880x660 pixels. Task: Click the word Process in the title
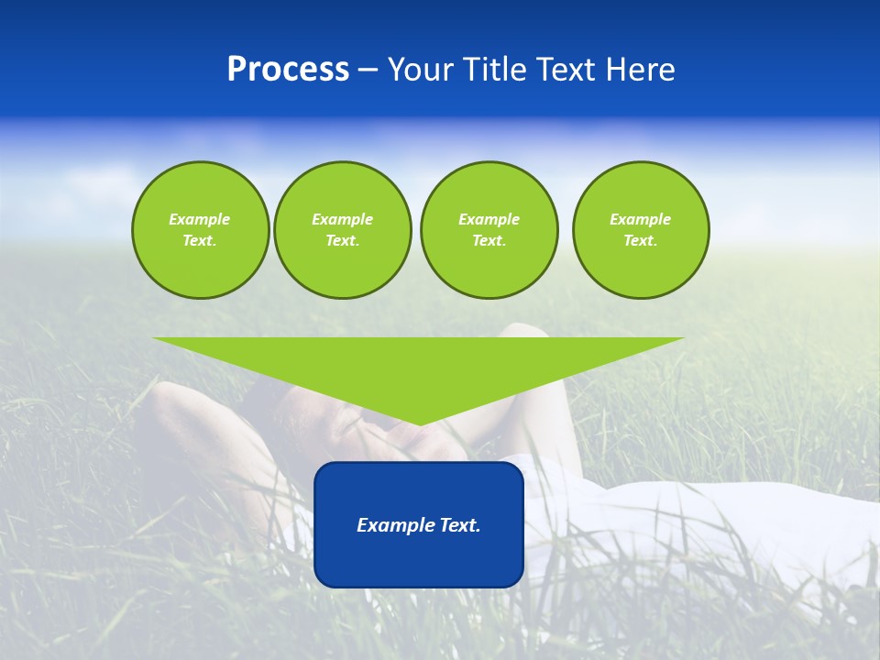point(288,70)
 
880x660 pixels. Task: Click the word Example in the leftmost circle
point(200,219)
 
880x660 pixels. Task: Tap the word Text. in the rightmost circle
point(641,240)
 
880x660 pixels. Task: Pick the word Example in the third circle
point(489,219)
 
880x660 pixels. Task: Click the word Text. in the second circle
point(342,240)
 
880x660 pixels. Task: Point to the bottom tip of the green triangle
point(419,423)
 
